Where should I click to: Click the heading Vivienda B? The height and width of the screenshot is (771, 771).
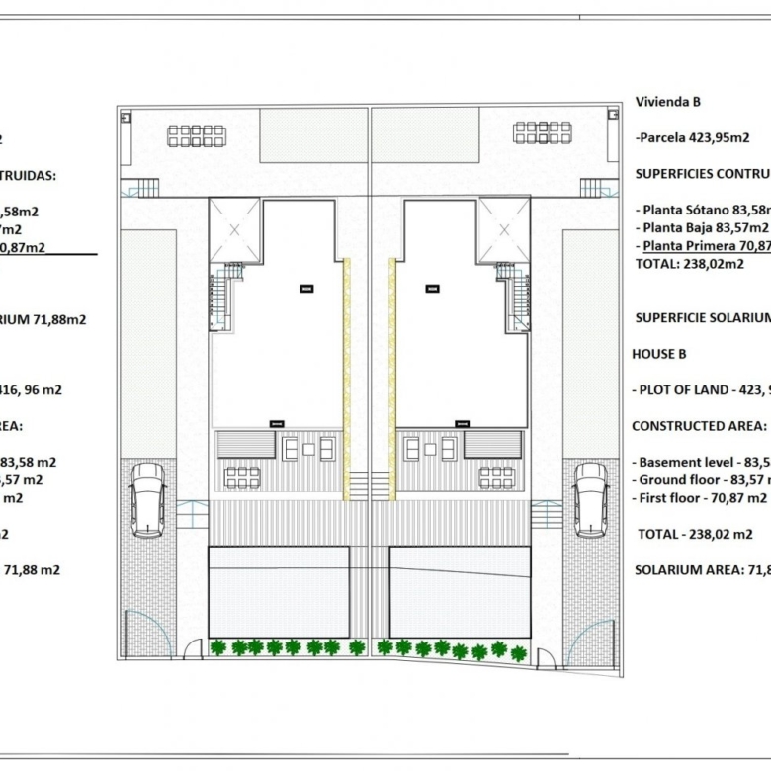[x=668, y=102]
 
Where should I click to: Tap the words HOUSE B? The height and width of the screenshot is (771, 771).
[x=658, y=353]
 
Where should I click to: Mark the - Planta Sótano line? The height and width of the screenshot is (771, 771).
[x=704, y=210]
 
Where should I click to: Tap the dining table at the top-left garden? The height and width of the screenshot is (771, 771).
[x=196, y=135]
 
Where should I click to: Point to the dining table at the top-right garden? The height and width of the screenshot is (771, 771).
[x=542, y=133]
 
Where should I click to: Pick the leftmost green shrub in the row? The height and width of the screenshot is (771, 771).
[x=217, y=647]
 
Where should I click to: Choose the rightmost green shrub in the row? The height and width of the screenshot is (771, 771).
[x=519, y=650]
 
